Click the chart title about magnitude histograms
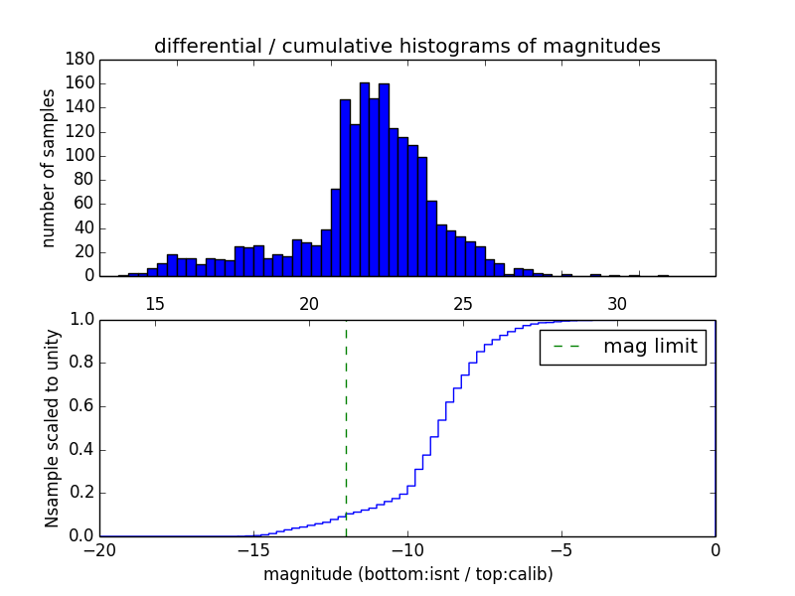tap(406, 46)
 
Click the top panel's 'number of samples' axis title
tap(49, 168)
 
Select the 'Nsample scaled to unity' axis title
tap(52, 427)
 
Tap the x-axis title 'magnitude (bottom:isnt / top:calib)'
tap(407, 574)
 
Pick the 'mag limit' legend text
tap(650, 347)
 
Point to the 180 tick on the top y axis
tap(79, 60)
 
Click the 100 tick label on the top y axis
tap(79, 156)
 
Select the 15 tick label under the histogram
tap(155, 303)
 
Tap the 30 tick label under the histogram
tap(617, 303)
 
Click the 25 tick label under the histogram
tap(463, 303)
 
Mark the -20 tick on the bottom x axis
tap(99, 549)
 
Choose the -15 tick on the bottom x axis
tap(253, 549)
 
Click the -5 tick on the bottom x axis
tap(561, 549)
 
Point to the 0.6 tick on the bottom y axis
tap(81, 406)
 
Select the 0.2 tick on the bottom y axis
tap(81, 493)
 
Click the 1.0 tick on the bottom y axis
tap(81, 320)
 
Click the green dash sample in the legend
tap(566, 347)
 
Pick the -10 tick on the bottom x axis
tap(407, 549)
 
